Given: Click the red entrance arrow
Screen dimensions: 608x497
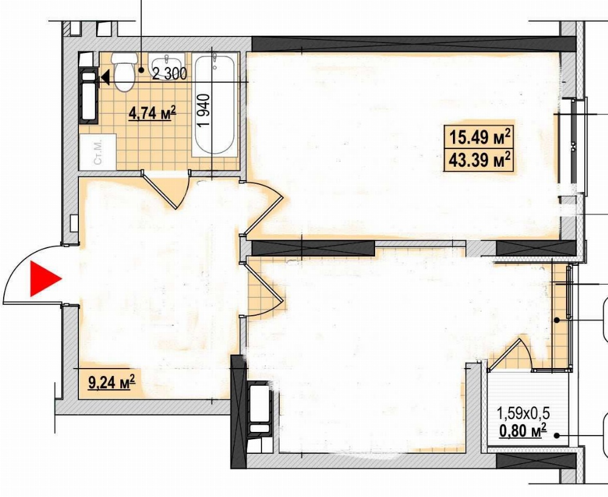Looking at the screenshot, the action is pyautogui.click(x=45, y=279).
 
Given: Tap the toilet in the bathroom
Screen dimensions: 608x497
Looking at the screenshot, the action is pyautogui.click(x=125, y=71).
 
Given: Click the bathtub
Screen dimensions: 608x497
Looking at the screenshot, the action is pyautogui.click(x=215, y=105).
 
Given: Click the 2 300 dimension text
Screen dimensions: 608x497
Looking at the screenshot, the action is pyautogui.click(x=170, y=74).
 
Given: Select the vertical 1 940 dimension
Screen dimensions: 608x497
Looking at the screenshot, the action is pyautogui.click(x=204, y=109).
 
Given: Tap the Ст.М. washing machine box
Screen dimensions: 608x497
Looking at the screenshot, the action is pyautogui.click(x=98, y=152).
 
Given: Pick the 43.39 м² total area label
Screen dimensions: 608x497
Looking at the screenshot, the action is pyautogui.click(x=479, y=159).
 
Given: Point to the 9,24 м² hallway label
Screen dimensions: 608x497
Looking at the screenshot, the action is pyautogui.click(x=112, y=382).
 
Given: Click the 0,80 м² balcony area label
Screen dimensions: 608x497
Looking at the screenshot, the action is pyautogui.click(x=523, y=430).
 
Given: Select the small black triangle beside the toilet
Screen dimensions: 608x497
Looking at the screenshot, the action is pyautogui.click(x=105, y=78).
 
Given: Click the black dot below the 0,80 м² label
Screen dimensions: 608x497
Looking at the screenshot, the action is pyautogui.click(x=557, y=436).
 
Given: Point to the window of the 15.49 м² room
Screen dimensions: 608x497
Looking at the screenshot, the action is pyautogui.click(x=573, y=146).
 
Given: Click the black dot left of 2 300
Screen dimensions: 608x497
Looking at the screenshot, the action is pyautogui.click(x=142, y=70).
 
